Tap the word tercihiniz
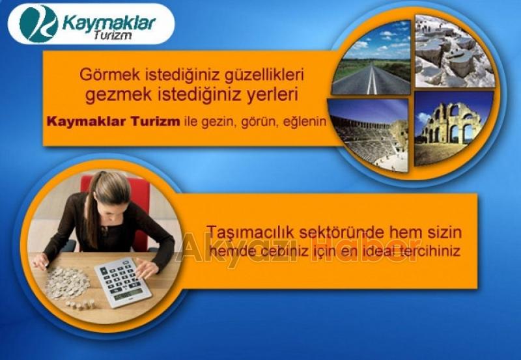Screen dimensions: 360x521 point(429,251)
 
